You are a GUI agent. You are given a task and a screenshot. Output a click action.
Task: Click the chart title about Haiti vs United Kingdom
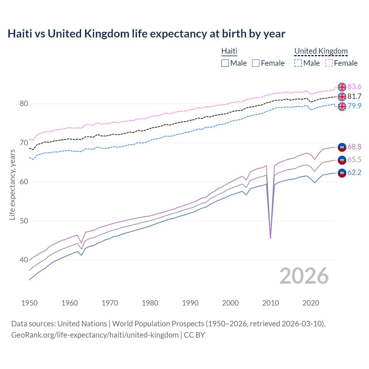tap(146, 34)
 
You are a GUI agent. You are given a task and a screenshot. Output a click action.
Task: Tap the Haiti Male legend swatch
tap(225, 63)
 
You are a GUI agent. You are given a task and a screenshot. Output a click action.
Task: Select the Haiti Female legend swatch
tap(256, 63)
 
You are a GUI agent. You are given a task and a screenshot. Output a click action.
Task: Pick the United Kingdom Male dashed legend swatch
tap(298, 63)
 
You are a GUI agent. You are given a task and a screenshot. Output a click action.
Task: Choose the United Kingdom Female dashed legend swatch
tap(329, 63)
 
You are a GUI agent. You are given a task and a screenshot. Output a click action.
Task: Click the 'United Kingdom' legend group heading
tap(321, 51)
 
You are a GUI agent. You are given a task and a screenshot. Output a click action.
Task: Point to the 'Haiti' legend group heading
tap(229, 51)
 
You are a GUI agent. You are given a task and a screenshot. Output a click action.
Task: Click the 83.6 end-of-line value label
tap(354, 87)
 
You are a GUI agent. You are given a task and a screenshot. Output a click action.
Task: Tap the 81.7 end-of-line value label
tap(354, 96)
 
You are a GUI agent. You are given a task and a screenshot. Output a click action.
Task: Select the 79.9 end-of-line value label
tap(354, 106)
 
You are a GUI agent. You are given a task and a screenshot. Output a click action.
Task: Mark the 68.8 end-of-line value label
tap(354, 147)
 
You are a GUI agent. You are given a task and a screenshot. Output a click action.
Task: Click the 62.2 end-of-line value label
tap(354, 172)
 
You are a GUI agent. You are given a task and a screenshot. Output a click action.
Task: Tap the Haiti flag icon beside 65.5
tap(342, 160)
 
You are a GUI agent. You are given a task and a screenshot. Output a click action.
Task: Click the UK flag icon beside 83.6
tap(342, 87)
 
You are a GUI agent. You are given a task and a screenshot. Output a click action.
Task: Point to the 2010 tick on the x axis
tap(270, 303)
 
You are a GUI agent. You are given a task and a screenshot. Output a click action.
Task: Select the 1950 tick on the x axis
tap(29, 303)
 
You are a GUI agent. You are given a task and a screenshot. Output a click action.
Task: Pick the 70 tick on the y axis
tap(24, 143)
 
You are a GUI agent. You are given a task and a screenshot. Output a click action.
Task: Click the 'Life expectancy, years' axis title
tap(12, 184)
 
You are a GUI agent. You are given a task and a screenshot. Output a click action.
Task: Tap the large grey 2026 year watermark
tap(304, 276)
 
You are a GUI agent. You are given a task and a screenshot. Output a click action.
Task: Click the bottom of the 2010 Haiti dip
tap(270, 238)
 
